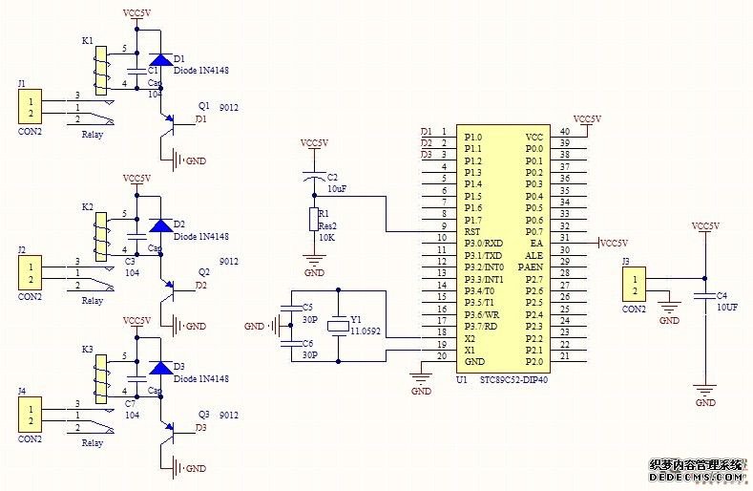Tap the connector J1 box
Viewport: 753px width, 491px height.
point(31,107)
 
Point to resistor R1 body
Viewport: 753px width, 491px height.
point(314,220)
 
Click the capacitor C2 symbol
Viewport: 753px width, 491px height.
point(314,178)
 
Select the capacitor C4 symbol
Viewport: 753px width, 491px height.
point(705,297)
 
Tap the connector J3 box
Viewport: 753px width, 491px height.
point(632,285)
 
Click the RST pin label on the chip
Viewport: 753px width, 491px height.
point(471,231)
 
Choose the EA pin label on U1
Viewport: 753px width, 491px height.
point(536,244)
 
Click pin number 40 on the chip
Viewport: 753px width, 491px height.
point(565,132)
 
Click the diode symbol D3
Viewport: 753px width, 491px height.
point(161,368)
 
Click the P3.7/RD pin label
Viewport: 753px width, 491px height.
point(481,326)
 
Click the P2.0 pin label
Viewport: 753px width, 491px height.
point(534,361)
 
